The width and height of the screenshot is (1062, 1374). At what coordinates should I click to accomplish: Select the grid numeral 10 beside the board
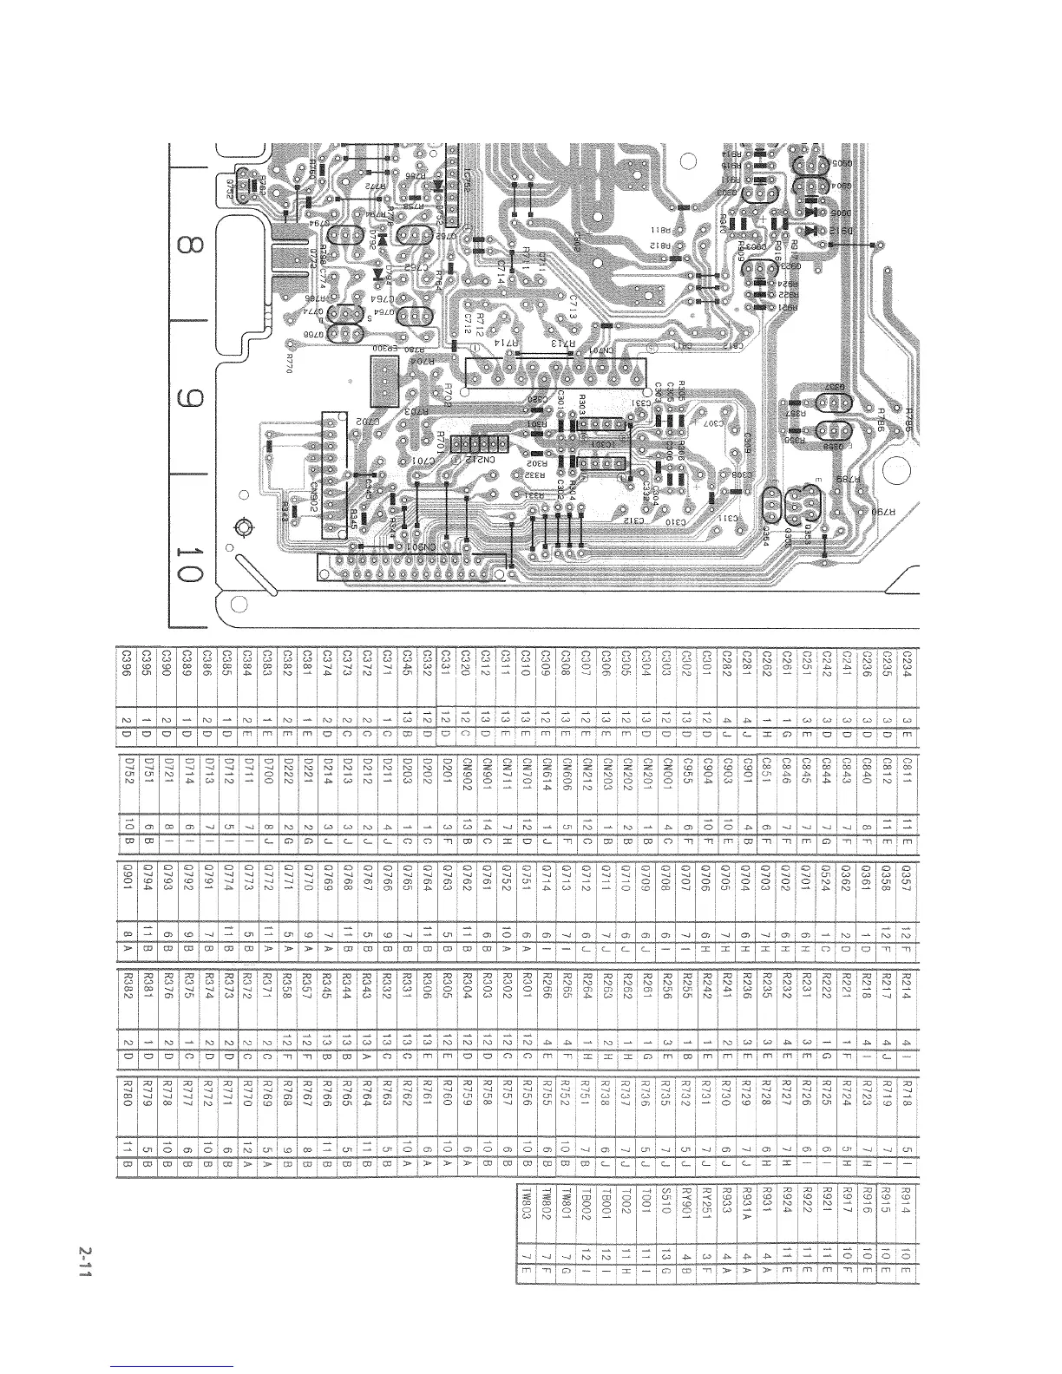[x=184, y=563]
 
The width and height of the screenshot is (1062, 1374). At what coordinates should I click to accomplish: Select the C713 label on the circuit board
[x=574, y=304]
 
